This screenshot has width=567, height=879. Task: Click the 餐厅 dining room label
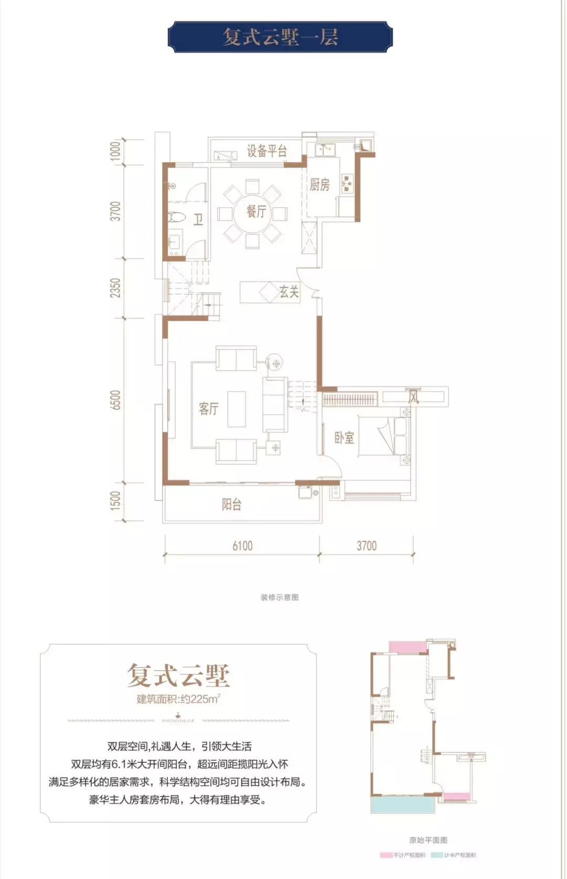[257, 212]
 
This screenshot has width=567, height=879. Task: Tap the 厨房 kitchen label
[319, 184]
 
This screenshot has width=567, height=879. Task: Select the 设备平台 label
[267, 151]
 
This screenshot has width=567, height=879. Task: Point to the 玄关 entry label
[289, 292]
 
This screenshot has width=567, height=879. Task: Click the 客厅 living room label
[208, 408]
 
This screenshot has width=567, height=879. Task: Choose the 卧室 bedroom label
[344, 437]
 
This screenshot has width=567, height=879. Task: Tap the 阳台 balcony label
[232, 505]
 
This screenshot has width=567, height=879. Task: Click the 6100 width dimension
[243, 546]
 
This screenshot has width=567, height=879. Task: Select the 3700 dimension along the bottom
[366, 546]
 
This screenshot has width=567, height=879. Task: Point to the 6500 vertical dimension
[115, 400]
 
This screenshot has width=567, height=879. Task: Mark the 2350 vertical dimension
[115, 288]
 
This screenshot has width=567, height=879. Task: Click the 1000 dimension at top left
[115, 151]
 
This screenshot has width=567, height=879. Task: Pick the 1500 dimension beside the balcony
[115, 500]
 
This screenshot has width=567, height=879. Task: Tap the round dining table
[253, 213]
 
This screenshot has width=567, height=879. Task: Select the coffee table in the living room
[236, 409]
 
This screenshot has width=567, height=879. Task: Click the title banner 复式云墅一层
[280, 37]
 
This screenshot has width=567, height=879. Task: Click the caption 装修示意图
[279, 597]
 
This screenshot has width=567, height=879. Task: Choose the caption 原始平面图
[428, 840]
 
